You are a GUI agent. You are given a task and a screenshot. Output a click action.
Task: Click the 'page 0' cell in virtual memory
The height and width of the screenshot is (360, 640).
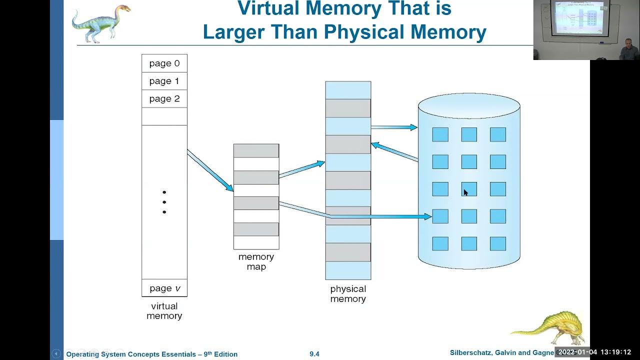[164, 63]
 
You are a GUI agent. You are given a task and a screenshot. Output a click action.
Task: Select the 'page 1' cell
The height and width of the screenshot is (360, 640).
[164, 81]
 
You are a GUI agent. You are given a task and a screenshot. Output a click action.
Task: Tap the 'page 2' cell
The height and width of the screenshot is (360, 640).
[164, 99]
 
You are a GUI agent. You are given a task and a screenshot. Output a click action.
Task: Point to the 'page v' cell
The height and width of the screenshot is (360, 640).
[164, 288]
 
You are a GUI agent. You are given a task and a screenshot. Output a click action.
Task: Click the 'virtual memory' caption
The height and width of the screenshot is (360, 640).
[164, 311]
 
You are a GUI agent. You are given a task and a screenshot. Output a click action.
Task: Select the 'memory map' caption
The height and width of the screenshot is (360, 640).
[256, 261]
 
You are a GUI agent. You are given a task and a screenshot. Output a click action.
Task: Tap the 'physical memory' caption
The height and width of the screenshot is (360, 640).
[348, 293]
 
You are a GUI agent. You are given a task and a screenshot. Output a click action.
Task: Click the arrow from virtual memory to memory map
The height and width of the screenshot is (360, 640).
[210, 170]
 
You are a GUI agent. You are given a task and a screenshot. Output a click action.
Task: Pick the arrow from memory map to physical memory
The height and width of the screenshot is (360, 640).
[301, 169]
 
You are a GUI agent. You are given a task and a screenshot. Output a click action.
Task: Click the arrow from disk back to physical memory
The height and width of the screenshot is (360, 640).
[394, 152]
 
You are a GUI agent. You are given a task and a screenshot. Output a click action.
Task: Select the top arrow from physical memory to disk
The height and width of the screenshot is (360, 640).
[394, 127]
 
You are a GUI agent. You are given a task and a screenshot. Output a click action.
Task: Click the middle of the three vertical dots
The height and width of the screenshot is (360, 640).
[164, 202]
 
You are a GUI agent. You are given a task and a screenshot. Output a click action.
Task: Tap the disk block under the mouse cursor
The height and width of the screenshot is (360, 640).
[469, 189]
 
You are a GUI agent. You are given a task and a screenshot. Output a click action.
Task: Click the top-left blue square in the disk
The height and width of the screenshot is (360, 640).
[440, 134]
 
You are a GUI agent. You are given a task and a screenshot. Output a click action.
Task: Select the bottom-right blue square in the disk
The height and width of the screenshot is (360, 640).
[498, 243]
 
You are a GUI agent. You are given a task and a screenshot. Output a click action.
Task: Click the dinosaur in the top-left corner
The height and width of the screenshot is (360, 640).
[100, 23]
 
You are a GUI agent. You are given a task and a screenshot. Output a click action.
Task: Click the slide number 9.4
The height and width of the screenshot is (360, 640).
[314, 354]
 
